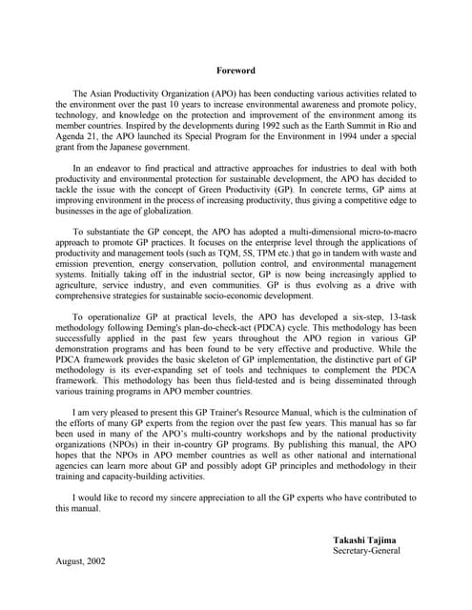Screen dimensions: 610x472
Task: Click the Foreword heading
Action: [236, 70]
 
